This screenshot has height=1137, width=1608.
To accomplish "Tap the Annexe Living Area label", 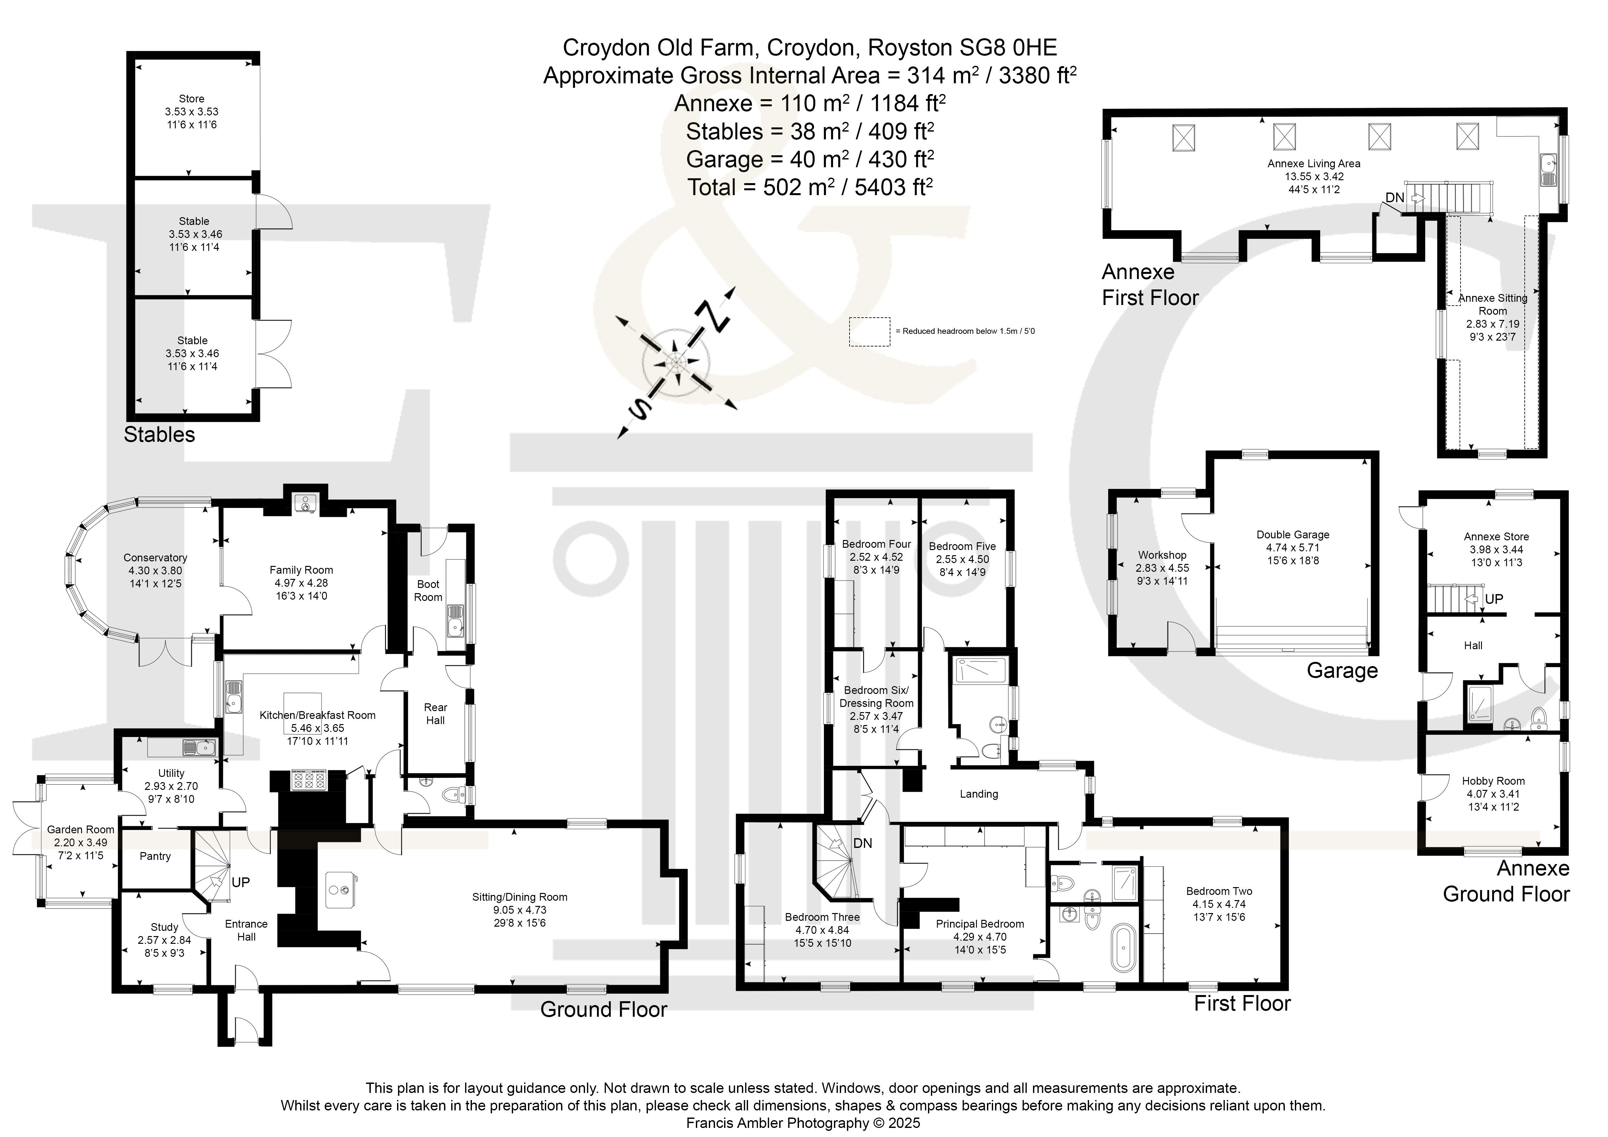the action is coord(1314,164).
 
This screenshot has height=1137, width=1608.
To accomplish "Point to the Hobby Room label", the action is coord(1493,781).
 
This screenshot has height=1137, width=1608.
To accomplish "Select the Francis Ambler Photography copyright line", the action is coord(803,1123).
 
